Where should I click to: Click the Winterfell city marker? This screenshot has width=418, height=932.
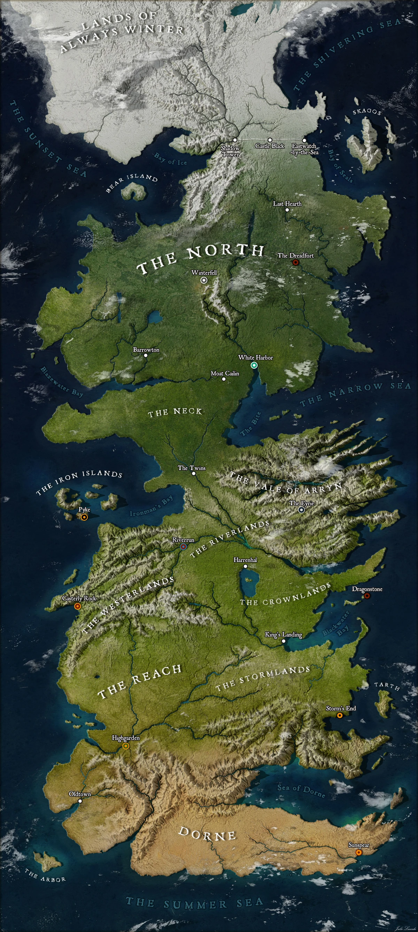(204, 280)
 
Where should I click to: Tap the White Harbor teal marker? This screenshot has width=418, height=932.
(254, 365)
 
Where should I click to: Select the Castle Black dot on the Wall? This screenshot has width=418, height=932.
(270, 140)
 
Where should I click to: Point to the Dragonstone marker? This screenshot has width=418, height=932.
(367, 595)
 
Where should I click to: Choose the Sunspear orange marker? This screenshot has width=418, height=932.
(358, 853)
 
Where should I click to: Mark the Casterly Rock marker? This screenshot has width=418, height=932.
(77, 606)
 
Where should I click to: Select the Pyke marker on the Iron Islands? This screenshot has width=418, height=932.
(84, 517)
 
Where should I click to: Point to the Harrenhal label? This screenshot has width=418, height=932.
(245, 560)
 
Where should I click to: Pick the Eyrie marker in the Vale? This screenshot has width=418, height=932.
(301, 510)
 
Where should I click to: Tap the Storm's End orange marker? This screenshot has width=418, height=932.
(340, 715)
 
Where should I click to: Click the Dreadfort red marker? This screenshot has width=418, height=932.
(295, 262)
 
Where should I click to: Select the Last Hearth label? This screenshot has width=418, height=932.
(287, 204)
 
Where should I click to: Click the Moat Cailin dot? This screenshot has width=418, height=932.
(224, 379)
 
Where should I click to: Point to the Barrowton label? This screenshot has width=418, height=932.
(146, 349)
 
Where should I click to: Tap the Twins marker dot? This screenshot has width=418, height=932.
(193, 473)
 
